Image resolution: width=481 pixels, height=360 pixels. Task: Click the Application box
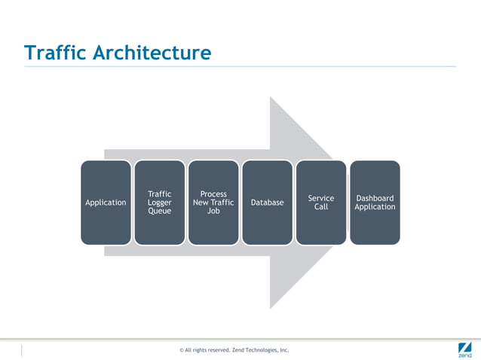pyautogui.click(x=106, y=202)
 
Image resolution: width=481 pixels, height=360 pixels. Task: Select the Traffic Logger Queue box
pyautogui.click(x=159, y=202)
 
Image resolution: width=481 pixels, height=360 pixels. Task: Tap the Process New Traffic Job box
pyautogui.click(x=213, y=202)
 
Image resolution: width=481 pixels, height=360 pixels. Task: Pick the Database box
pyautogui.click(x=267, y=202)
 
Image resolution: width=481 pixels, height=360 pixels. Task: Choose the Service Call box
pyautogui.click(x=321, y=202)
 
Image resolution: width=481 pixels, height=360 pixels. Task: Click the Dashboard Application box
pyautogui.click(x=375, y=202)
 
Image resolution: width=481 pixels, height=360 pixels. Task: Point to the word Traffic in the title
pyautogui.click(x=56, y=53)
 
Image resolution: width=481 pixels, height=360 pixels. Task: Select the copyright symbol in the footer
pyautogui.click(x=182, y=350)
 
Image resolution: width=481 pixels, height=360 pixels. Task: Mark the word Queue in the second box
pyautogui.click(x=159, y=211)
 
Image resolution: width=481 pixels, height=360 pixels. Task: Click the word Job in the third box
pyautogui.click(x=213, y=211)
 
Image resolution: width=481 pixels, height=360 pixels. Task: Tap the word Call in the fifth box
pyautogui.click(x=321, y=206)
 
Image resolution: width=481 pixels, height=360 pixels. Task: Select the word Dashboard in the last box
pyautogui.click(x=375, y=198)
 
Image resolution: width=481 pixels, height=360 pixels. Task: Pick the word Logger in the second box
pyautogui.click(x=159, y=203)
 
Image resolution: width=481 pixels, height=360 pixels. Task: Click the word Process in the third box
pyautogui.click(x=213, y=194)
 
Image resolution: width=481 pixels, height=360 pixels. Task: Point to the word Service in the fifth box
pyautogui.click(x=321, y=198)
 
